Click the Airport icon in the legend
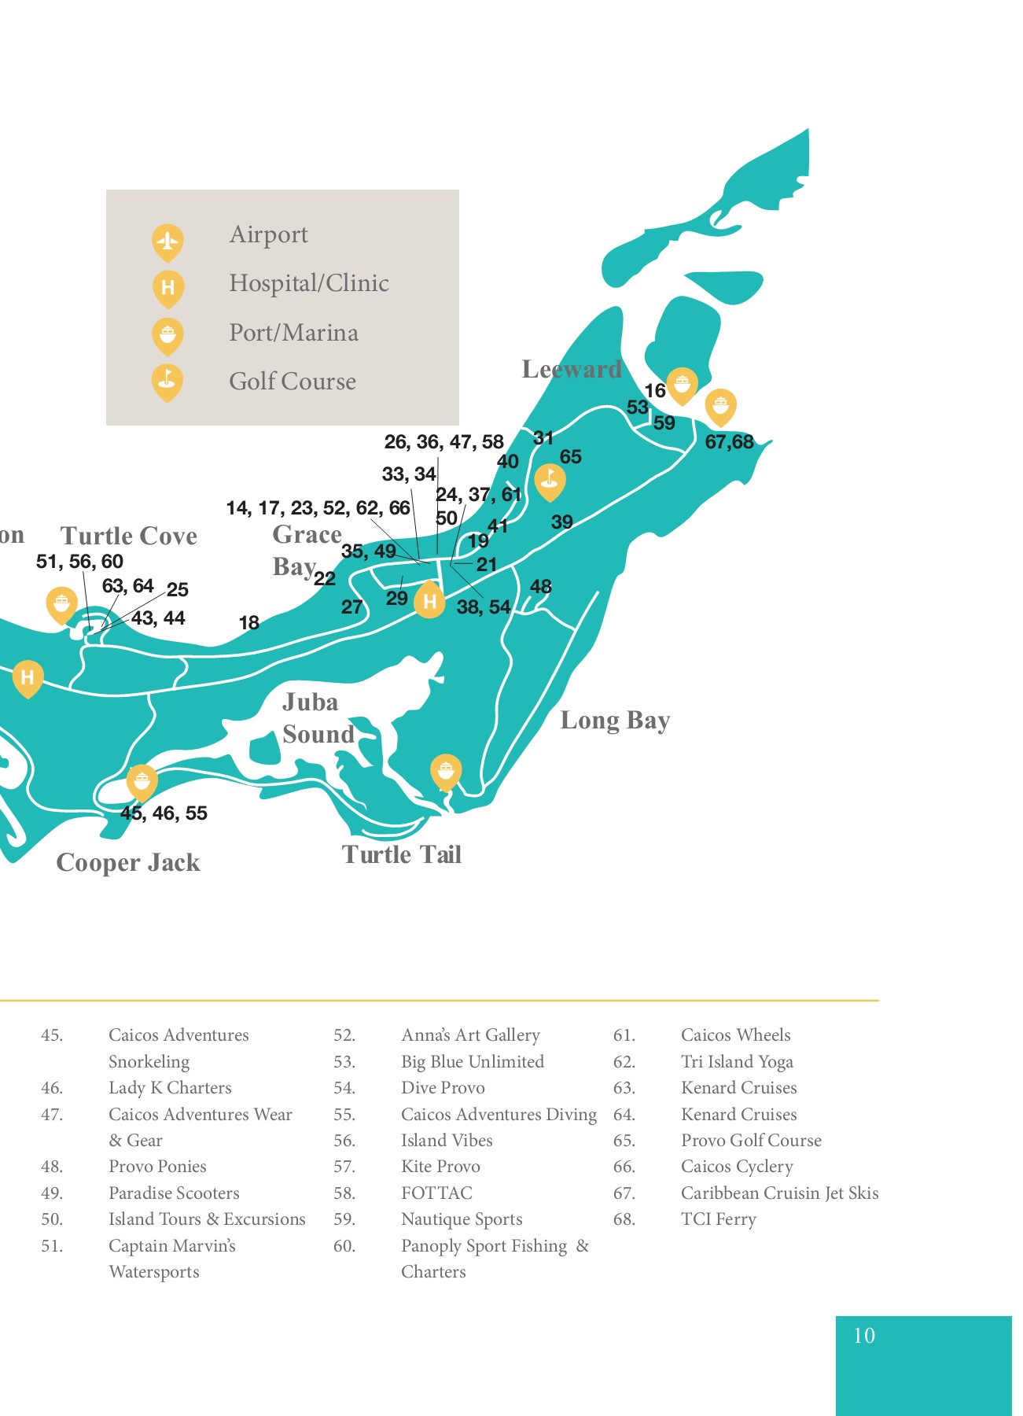(167, 241)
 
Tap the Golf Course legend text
(293, 382)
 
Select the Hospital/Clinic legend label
(309, 283)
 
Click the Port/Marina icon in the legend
(167, 336)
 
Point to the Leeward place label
(572, 369)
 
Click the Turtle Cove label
(129, 536)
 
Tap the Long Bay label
(615, 720)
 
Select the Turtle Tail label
(402, 854)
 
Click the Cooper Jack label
(128, 862)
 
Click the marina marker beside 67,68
(720, 406)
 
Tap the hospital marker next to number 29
(429, 601)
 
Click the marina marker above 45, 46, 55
(142, 781)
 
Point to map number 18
(249, 623)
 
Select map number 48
(541, 586)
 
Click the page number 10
(864, 1335)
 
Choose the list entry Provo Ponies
(157, 1167)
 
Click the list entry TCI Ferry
(718, 1219)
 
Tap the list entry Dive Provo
(443, 1088)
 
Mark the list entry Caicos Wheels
(735, 1035)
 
